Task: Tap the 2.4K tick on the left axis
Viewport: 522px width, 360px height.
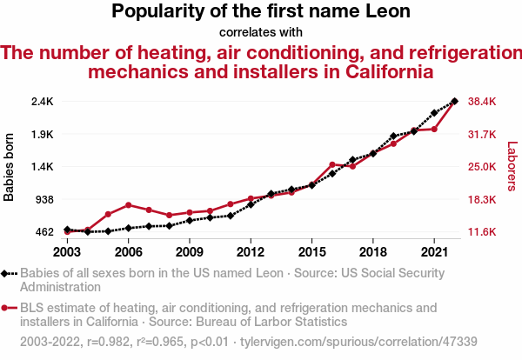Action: point(42,102)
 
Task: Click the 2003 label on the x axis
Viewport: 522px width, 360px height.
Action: point(67,251)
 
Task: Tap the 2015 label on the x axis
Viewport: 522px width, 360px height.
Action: point(311,251)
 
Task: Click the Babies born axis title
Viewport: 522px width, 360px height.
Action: point(10,167)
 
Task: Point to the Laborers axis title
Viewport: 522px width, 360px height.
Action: point(512,167)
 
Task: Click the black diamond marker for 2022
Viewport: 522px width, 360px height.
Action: point(455,101)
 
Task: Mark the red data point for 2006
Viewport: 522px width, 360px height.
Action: point(128,205)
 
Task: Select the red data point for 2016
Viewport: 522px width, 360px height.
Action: point(332,164)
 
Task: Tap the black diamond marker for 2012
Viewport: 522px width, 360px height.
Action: point(251,204)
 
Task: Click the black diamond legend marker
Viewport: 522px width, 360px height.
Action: point(6,273)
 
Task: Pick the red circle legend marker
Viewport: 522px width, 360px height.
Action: point(6,308)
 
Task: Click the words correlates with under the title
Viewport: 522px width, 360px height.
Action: point(261,32)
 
